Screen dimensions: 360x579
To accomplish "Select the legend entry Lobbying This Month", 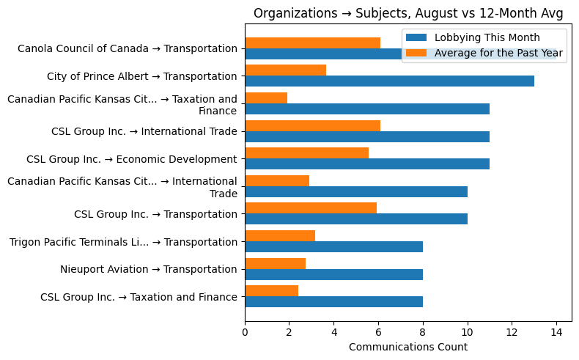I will click(x=487, y=38).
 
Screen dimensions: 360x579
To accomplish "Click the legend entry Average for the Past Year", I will click(x=498, y=53).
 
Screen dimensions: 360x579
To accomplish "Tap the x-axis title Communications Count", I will click(x=407, y=347).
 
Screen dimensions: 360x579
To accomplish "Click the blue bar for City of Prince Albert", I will click(x=389, y=81).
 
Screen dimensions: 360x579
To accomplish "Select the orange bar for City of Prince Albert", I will click(x=285, y=70).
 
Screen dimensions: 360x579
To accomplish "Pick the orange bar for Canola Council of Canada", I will click(x=312, y=43).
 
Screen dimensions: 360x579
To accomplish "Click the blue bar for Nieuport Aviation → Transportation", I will click(x=333, y=274).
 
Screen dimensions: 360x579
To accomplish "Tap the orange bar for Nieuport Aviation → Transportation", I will click(x=275, y=263).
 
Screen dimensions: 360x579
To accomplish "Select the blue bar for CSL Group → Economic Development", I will click(x=366, y=164).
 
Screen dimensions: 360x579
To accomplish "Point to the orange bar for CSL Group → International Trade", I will click(x=312, y=125).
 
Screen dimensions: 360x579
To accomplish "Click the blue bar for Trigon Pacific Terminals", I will click(x=333, y=246).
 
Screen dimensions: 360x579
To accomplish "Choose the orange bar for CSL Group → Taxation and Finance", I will click(x=271, y=290).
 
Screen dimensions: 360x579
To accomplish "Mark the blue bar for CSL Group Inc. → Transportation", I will click(x=355, y=219).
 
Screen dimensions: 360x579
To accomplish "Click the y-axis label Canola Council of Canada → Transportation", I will click(x=127, y=49).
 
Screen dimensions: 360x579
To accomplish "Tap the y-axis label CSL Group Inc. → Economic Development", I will click(x=131, y=159).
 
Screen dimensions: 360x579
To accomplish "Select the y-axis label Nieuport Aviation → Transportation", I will click(x=148, y=269).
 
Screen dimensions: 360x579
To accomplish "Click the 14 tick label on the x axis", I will click(x=556, y=331).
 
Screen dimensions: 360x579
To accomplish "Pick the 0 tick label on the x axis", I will click(x=245, y=331).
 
